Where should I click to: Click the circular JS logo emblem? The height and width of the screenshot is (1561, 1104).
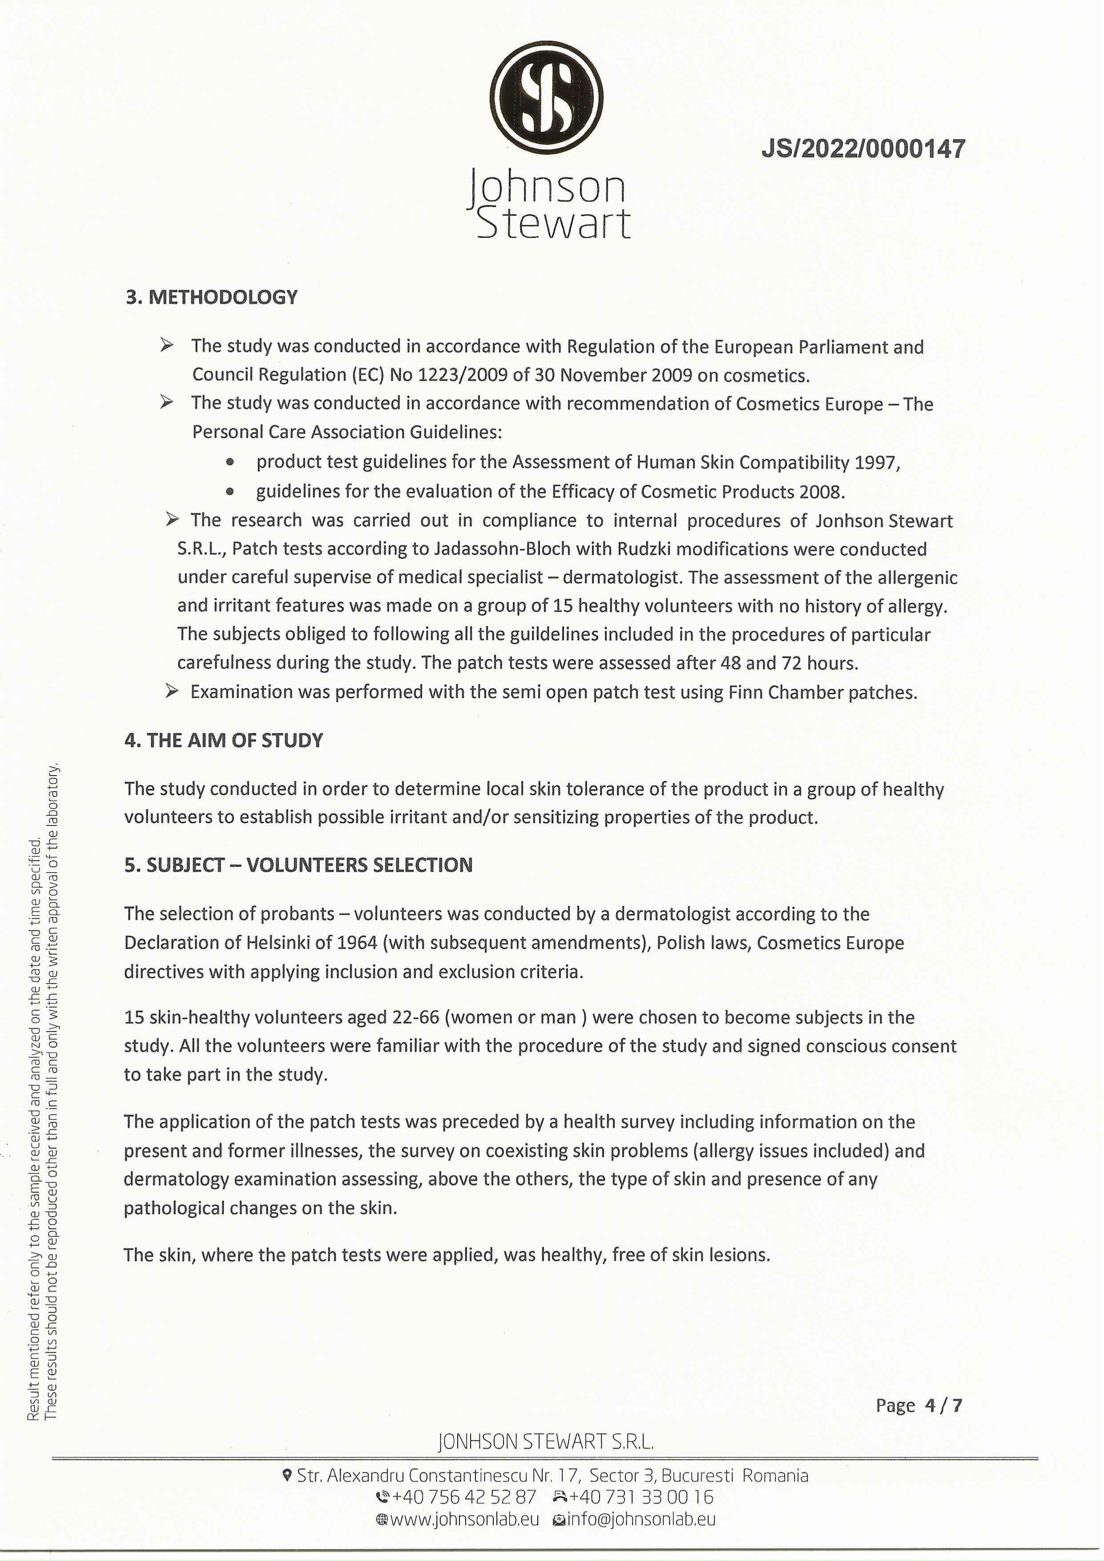click(547, 97)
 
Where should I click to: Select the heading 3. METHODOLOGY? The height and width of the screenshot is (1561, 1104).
click(211, 297)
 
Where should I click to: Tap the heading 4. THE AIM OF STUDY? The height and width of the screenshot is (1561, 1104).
click(224, 740)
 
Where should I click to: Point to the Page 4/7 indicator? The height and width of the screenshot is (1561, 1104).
click(919, 1405)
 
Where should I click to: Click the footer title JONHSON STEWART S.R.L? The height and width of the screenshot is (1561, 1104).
click(546, 1441)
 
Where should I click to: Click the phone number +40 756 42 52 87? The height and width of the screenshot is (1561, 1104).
click(463, 1497)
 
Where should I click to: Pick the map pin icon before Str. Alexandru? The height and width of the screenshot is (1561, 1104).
click(287, 1475)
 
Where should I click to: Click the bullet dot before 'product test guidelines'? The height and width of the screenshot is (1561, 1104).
click(230, 462)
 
